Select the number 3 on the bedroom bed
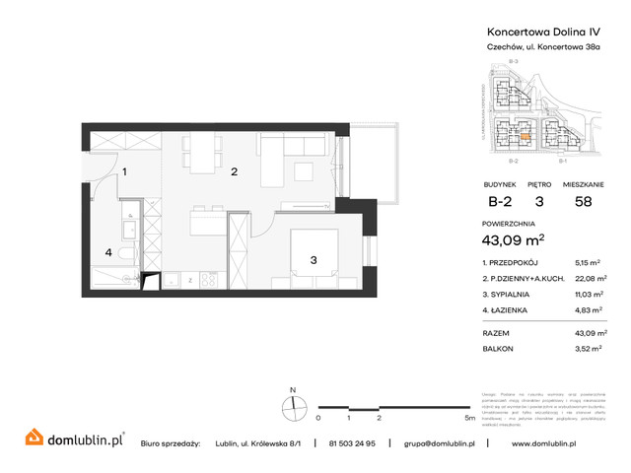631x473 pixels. tap(313, 260)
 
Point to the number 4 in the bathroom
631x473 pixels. tap(109, 252)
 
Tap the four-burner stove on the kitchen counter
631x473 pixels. tap(208, 280)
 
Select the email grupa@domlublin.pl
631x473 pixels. tap(440, 444)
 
